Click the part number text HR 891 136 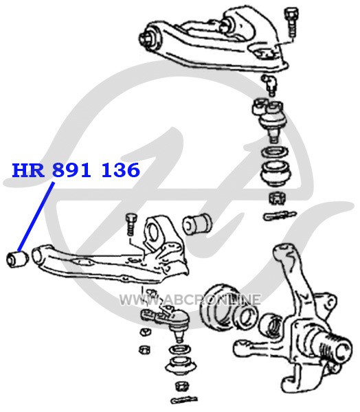coord(76,170)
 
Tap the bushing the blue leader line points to coord(16,259)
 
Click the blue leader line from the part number coord(36,217)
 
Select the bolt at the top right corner coord(291,22)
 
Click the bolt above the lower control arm coord(131,225)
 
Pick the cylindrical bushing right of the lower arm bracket coord(197,224)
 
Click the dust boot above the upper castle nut coord(275,174)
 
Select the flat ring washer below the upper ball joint coord(275,152)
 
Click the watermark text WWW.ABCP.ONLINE coord(190,299)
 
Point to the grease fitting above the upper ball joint coord(269,84)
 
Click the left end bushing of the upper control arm coord(149,38)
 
